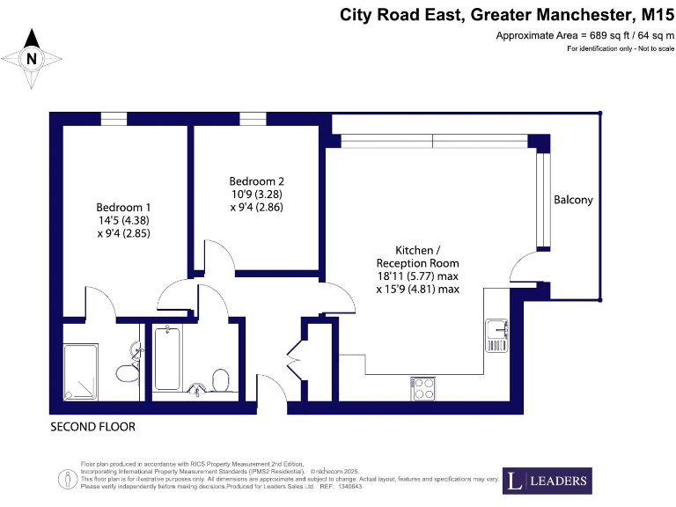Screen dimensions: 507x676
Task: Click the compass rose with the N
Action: tap(33, 59)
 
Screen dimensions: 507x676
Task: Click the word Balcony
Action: tap(573, 200)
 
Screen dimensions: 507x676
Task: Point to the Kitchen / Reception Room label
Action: tap(417, 256)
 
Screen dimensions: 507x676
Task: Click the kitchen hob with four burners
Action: tap(423, 385)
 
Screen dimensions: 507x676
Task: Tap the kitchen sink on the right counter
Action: tap(496, 334)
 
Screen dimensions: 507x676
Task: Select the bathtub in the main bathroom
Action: tap(166, 358)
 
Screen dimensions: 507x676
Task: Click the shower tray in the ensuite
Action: tap(85, 371)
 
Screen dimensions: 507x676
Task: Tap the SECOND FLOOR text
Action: tap(92, 427)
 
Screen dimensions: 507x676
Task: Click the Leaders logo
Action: tap(546, 481)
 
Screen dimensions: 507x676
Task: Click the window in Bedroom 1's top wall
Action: tap(113, 119)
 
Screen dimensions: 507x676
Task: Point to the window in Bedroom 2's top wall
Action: tap(253, 119)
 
